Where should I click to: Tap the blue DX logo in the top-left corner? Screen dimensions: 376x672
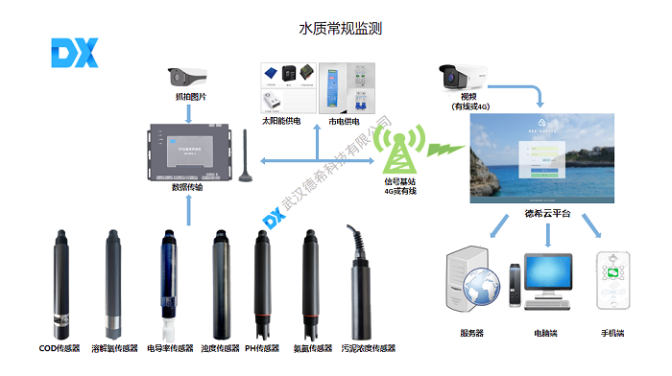pos(73,55)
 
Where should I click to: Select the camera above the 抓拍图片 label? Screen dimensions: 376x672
pos(189,76)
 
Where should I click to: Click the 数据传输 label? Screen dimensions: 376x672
pos(188,188)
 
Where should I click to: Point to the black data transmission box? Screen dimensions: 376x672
pos(188,152)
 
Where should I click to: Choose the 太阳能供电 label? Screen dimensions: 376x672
pos(283,122)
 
